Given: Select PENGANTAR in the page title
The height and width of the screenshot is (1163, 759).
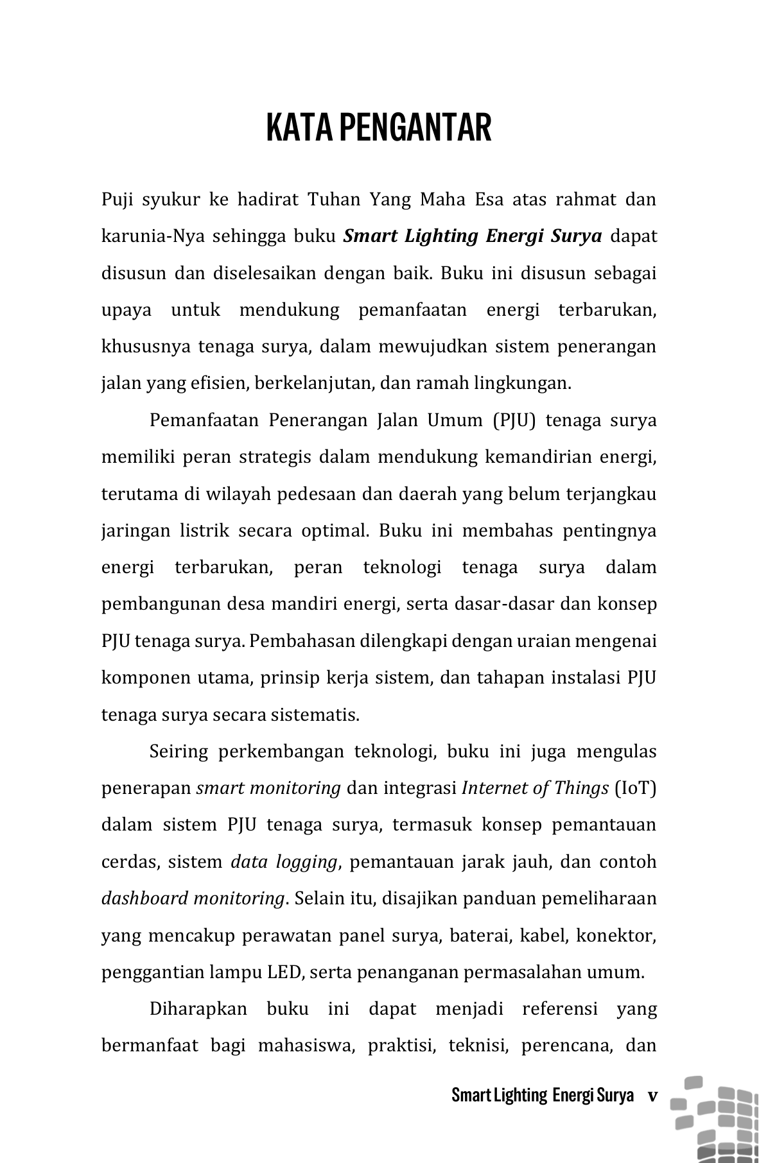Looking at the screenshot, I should [x=415, y=127].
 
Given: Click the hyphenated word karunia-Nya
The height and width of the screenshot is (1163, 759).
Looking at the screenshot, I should [x=153, y=236].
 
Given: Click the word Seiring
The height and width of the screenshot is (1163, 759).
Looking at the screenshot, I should [x=178, y=752].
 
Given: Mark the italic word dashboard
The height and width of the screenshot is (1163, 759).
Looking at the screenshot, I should [x=144, y=899].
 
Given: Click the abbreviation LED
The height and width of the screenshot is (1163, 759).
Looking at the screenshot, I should [x=284, y=972].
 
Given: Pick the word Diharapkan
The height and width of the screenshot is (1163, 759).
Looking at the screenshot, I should [x=198, y=1009].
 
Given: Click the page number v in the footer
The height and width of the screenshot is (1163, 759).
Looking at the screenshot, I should [x=652, y=1095].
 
